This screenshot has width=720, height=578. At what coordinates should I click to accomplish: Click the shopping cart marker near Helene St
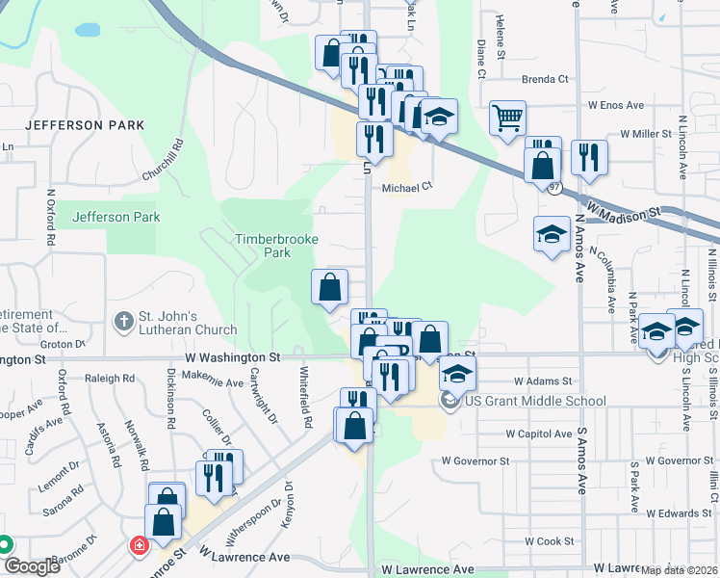coord(507,118)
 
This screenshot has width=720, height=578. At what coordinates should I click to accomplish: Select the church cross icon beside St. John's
coord(122,320)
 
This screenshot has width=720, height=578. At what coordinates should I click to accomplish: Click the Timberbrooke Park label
coord(263,245)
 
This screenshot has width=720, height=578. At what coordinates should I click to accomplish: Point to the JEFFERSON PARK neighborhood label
coord(85,125)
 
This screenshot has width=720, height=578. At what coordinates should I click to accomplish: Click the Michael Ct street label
coord(408,189)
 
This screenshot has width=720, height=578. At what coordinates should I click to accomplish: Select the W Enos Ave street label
coord(616,104)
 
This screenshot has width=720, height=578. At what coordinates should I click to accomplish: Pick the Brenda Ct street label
coord(546,79)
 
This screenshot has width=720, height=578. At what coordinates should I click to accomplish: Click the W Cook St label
coord(549,542)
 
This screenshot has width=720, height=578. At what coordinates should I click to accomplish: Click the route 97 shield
coord(555,189)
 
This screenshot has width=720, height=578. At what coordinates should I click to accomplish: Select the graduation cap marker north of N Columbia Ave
coord(552,234)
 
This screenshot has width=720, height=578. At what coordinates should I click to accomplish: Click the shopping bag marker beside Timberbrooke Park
coord(329,286)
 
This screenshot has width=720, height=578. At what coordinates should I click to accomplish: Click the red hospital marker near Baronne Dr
coord(138,546)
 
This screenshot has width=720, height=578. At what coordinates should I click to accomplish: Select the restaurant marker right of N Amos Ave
coord(588,157)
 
